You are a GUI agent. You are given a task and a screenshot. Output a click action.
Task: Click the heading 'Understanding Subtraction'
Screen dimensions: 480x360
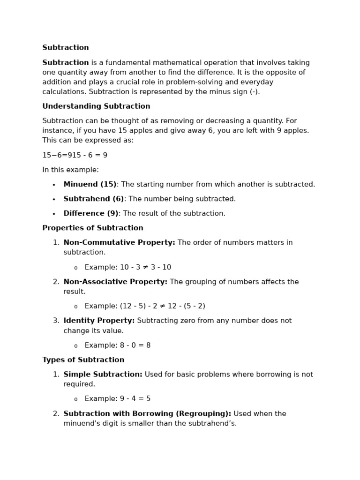(96, 106)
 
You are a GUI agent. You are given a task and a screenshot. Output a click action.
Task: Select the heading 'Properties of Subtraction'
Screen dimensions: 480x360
(93, 228)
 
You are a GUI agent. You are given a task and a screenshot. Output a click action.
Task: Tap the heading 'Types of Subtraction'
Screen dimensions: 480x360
(83, 360)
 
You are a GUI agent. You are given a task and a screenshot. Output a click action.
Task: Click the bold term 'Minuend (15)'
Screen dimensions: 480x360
(90, 185)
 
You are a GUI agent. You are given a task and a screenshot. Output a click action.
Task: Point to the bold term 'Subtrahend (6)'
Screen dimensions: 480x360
(94, 199)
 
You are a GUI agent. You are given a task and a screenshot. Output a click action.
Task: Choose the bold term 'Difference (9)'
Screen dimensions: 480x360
(91, 214)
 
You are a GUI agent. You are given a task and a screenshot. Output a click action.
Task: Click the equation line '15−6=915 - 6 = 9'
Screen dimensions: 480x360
(75, 156)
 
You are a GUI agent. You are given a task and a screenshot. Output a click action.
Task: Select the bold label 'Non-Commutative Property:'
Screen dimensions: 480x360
(119, 243)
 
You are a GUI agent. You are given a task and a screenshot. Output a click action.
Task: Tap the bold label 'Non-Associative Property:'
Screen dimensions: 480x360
(115, 282)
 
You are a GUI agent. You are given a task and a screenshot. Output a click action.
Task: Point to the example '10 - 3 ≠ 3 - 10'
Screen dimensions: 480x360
(145, 268)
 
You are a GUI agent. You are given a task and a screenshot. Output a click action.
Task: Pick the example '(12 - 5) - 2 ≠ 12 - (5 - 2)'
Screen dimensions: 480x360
(162, 307)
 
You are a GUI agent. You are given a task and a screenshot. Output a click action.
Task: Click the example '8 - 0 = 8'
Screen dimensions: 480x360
(135, 345)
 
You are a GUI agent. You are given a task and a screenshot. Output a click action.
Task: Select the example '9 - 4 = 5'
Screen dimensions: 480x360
(135, 399)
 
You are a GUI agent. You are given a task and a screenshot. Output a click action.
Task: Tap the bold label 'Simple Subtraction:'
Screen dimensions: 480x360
(103, 375)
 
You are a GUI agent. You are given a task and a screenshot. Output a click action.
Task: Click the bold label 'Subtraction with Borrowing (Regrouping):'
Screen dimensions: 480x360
(147, 414)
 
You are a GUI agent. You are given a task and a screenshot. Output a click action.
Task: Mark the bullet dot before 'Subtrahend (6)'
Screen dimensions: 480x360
(54, 200)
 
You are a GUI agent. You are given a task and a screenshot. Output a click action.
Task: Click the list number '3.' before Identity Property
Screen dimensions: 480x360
(56, 321)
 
